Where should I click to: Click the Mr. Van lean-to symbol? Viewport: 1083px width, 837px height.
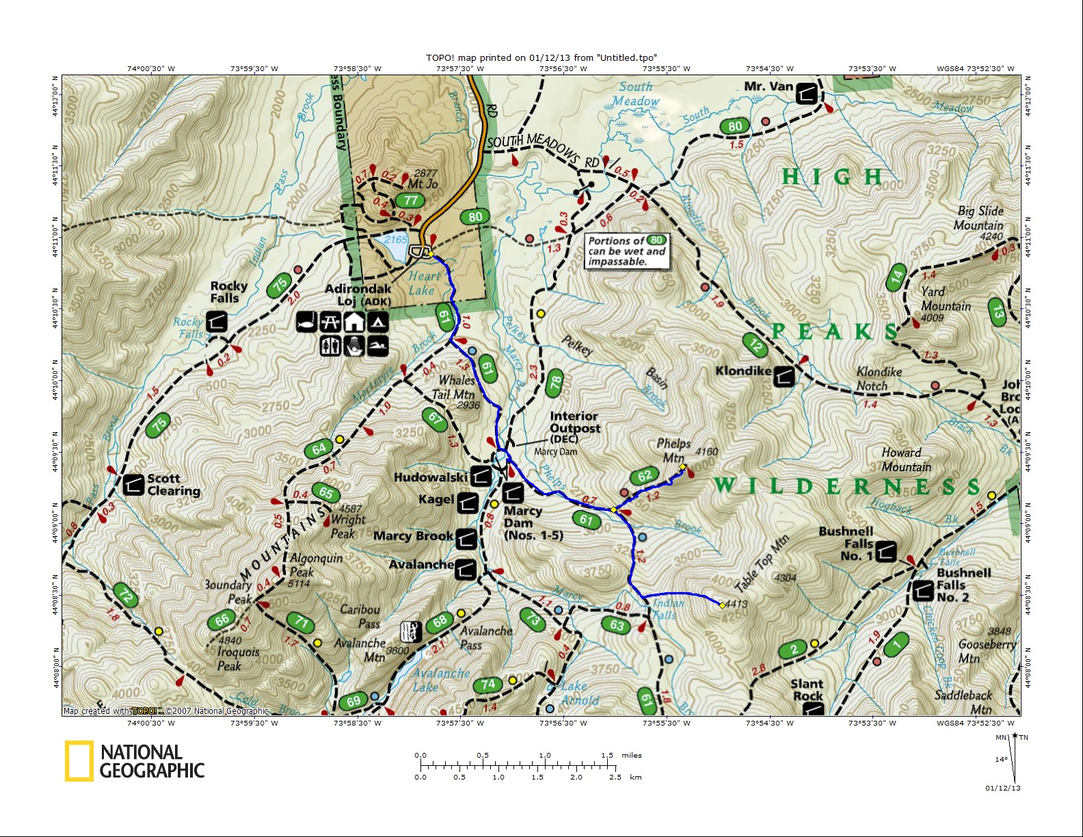pyautogui.click(x=807, y=93)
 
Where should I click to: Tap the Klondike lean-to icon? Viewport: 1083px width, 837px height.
pyautogui.click(x=784, y=375)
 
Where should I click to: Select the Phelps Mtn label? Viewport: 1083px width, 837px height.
pyautogui.click(x=673, y=451)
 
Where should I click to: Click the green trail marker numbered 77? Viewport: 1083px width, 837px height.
pyautogui.click(x=410, y=200)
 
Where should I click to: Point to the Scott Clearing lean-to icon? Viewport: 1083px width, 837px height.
pyautogui.click(x=133, y=484)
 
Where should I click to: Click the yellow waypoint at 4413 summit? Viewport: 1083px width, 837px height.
pyautogui.click(x=723, y=605)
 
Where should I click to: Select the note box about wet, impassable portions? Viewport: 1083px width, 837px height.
pyautogui.click(x=626, y=251)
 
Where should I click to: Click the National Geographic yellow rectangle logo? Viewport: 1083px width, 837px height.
pyautogui.click(x=79, y=761)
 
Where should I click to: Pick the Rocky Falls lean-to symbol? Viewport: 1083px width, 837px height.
pyautogui.click(x=217, y=321)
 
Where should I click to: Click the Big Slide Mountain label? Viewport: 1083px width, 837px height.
pyautogui.click(x=980, y=218)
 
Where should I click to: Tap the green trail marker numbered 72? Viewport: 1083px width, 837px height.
pyautogui.click(x=126, y=595)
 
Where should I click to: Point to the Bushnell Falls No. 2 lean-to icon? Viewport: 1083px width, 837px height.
pyautogui.click(x=922, y=590)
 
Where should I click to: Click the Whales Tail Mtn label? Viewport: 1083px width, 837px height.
pyautogui.click(x=456, y=387)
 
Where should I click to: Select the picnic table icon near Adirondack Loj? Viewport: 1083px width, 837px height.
pyautogui.click(x=330, y=321)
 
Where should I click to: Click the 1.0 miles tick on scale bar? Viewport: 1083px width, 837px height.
pyautogui.click(x=545, y=764)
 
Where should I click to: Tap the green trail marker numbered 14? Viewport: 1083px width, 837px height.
pyautogui.click(x=896, y=278)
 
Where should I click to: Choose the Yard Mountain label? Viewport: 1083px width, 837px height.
pyautogui.click(x=946, y=299)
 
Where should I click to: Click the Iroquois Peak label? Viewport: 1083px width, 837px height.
pyautogui.click(x=238, y=659)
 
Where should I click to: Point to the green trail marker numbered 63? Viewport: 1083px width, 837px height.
pyautogui.click(x=617, y=624)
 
